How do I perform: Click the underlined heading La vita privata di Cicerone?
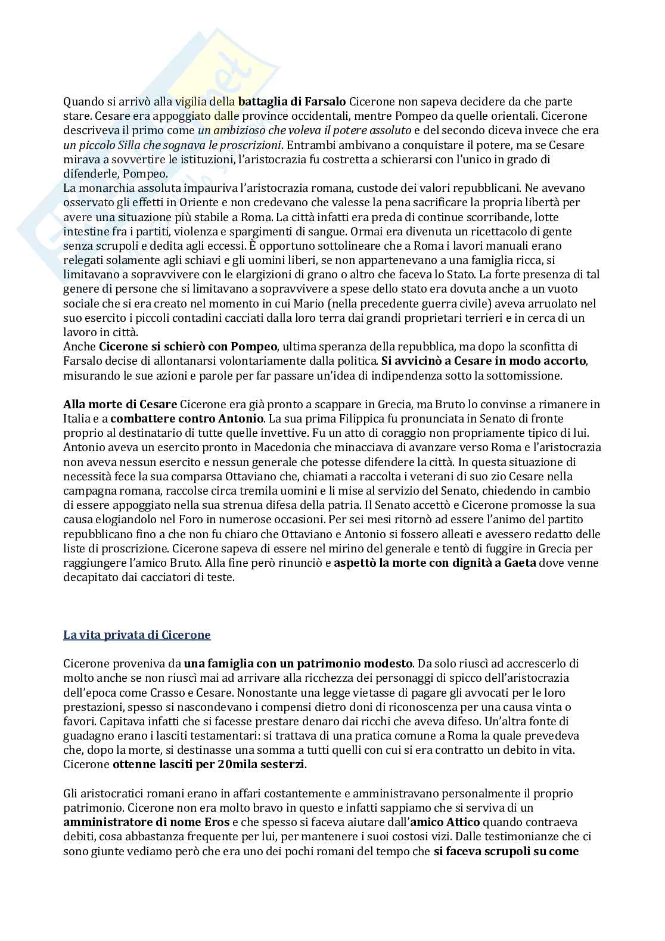[x=137, y=635]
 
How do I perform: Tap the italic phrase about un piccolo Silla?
[x=173, y=145]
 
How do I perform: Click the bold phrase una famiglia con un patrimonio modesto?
[x=298, y=663]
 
